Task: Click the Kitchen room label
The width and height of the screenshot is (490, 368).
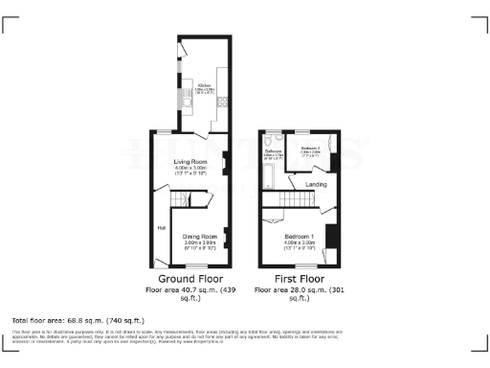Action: tap(203, 85)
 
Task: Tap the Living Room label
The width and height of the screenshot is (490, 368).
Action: tap(190, 161)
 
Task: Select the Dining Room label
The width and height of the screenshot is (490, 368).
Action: tap(200, 236)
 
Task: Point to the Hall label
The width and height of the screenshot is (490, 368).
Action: tap(162, 227)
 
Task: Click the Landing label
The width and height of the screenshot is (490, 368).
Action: tap(316, 183)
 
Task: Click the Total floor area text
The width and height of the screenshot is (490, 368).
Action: tap(78, 319)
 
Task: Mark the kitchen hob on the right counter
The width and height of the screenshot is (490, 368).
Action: tap(222, 101)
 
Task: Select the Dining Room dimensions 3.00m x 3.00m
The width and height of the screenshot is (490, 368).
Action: tap(200, 243)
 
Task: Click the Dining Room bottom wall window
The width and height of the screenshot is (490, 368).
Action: tap(198, 265)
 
